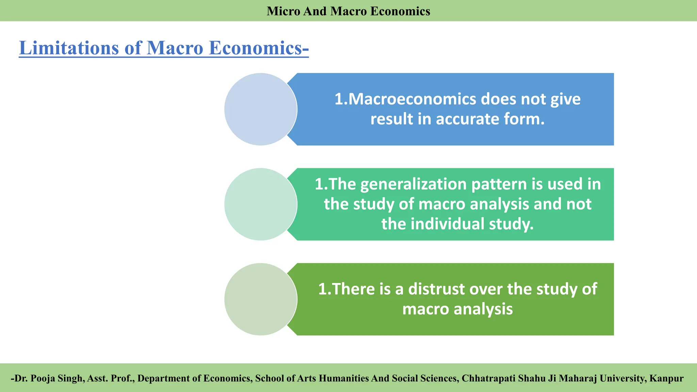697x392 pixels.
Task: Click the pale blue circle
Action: (x=261, y=109)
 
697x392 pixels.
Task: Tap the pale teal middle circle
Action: (x=261, y=204)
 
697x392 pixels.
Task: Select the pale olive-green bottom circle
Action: (x=261, y=299)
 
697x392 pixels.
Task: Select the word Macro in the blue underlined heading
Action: (x=175, y=48)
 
